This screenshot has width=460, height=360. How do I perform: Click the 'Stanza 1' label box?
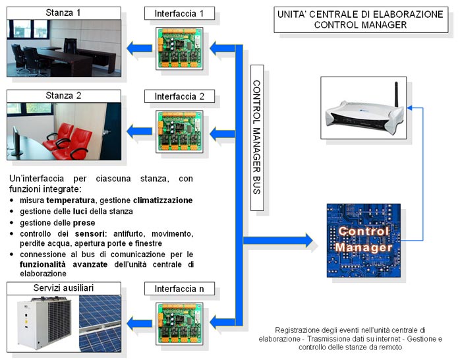pos(64,13)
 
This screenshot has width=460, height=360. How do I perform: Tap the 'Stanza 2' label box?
pos(64,96)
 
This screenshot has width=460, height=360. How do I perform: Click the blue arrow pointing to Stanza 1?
pos(139,47)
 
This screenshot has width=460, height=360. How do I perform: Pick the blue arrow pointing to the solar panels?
pos(139,322)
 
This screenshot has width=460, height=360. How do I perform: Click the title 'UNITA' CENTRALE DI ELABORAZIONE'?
pos(360,13)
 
